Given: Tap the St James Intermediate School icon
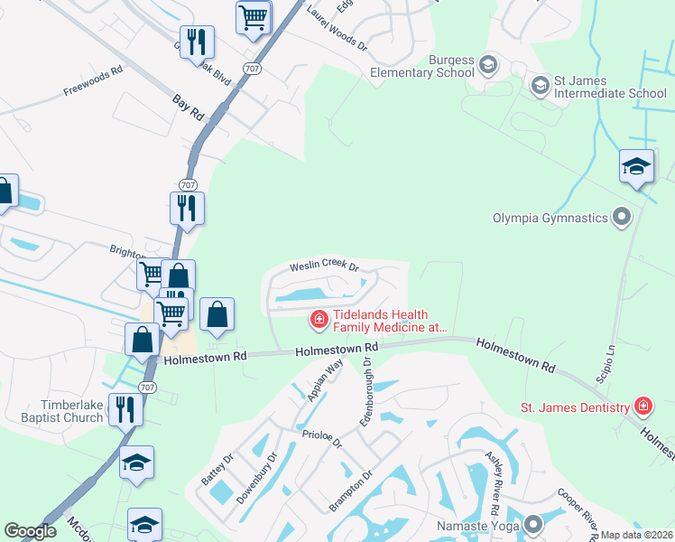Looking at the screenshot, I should (x=541, y=86).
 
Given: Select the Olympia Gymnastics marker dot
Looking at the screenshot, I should (x=621, y=217).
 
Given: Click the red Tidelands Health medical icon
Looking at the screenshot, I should (x=318, y=319).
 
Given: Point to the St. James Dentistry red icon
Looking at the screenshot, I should (x=642, y=406).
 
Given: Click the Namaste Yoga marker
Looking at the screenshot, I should (x=533, y=524).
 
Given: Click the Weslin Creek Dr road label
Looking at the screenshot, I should (x=324, y=266).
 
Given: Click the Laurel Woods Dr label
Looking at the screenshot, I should (x=337, y=26).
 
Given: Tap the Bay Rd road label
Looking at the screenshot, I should (x=188, y=106).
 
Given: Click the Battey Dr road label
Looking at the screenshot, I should (x=218, y=470).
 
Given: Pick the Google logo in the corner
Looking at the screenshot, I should (x=30, y=531).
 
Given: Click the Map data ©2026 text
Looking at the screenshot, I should (x=637, y=535).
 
